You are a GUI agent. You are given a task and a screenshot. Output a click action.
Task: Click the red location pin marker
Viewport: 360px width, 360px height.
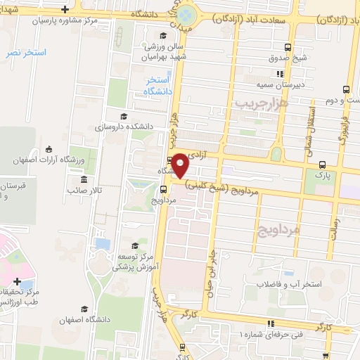point(181,165)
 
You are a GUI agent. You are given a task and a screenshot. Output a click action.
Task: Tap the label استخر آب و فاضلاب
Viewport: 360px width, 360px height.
point(310,284)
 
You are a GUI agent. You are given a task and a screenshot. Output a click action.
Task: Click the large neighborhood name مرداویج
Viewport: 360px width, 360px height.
point(298,229)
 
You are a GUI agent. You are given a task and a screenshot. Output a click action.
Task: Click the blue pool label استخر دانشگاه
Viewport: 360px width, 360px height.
point(157,87)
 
